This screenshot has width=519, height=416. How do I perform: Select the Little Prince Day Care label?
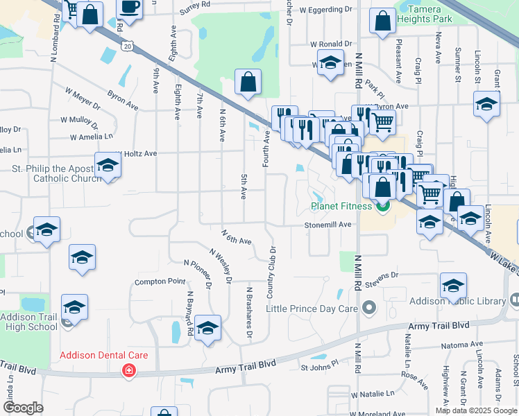(312, 307)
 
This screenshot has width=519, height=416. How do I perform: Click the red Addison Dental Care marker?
(128, 371)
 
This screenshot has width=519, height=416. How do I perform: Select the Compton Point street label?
(160, 281)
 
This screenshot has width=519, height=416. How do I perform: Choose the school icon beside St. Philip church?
(108, 166)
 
